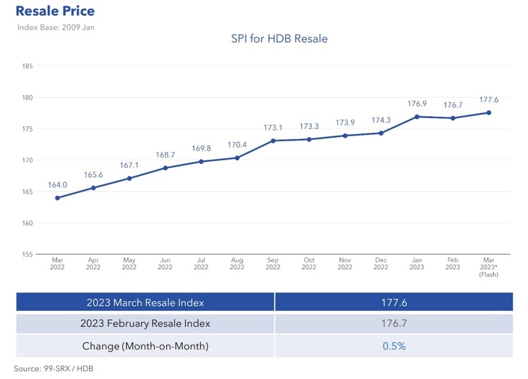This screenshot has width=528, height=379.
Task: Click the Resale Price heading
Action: click(54, 11)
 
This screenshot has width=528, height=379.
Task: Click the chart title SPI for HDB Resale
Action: click(279, 39)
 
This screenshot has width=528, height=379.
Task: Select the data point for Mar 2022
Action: click(57, 198)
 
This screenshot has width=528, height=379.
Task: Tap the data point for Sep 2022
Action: click(273, 141)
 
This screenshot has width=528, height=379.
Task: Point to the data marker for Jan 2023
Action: click(417, 117)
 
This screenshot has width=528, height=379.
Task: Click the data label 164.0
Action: click(57, 185)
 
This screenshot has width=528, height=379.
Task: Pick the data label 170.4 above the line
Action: click(237, 145)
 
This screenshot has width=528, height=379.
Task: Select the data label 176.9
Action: click(417, 104)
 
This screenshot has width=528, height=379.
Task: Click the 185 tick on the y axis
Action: click(28, 66)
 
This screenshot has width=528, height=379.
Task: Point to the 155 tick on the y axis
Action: click(28, 255)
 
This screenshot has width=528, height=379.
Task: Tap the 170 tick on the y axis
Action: click(28, 160)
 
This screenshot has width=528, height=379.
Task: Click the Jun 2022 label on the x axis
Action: click(165, 264)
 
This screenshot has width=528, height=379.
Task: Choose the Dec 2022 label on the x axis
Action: click(381, 264)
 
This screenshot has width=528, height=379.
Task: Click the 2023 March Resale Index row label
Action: click(145, 302)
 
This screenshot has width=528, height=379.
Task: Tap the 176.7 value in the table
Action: click(394, 323)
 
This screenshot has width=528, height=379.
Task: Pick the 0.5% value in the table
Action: click(394, 346)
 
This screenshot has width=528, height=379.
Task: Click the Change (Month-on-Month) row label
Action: click(145, 346)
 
